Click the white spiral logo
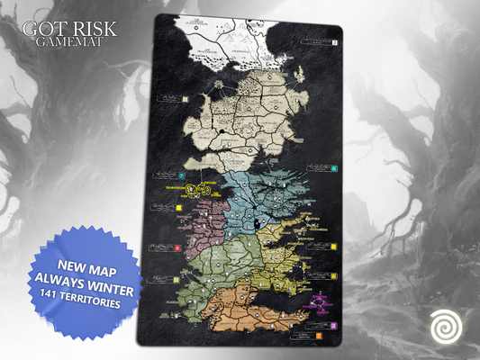442,324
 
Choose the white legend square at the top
333,42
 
